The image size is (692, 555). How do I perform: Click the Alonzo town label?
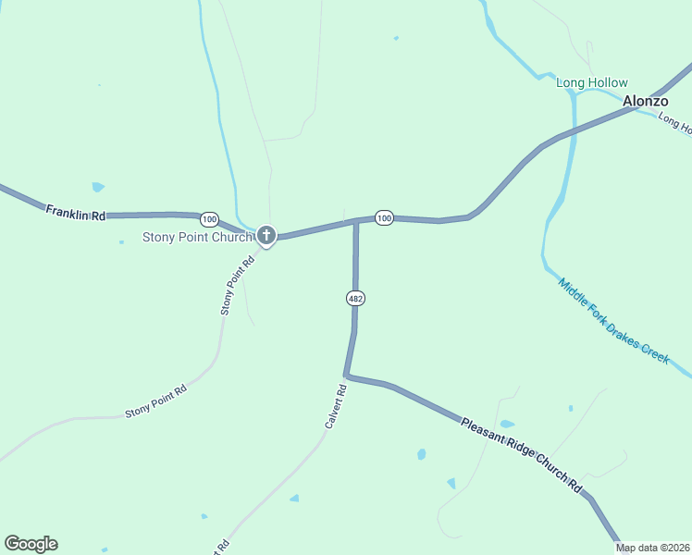coord(645,101)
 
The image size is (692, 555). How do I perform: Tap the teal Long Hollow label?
coord(591,83)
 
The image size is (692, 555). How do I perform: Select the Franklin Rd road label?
coord(76,213)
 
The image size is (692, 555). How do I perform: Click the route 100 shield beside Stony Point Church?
coord(210,219)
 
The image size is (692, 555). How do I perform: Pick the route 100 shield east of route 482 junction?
coord(384,217)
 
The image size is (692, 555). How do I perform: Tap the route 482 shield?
coord(355,298)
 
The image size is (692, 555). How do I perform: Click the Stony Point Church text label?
coord(197,237)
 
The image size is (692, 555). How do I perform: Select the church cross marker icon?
coord(266,235)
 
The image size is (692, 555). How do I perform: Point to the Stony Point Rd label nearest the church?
coord(238,286)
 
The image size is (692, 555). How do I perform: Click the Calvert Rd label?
coord(336,407)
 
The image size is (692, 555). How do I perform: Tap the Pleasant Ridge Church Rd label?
coord(522,454)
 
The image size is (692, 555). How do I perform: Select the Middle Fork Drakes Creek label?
coord(612,321)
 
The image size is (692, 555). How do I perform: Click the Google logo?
coord(31,544)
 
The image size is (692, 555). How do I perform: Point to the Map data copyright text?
coord(653,548)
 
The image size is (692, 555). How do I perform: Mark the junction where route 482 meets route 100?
coord(356,222)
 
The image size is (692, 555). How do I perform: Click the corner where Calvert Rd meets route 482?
coord(346,376)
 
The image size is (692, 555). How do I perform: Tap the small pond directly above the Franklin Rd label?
coord(98,187)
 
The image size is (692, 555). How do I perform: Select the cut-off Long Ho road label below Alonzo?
coord(673,123)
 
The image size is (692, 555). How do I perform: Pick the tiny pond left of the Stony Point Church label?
coord(121,242)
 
